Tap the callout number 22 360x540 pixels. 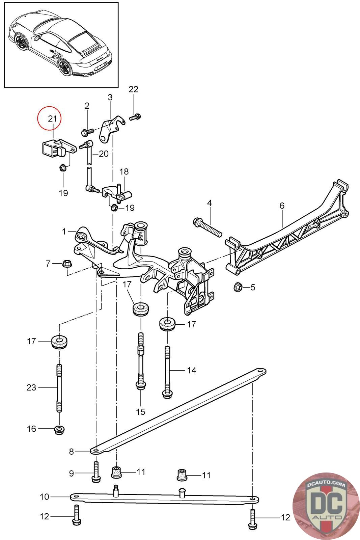click(134, 89)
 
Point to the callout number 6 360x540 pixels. click(282, 205)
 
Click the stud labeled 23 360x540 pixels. click(59, 388)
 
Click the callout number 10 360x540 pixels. click(45, 497)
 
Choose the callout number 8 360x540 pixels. click(72, 451)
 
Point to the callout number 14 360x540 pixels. click(192, 370)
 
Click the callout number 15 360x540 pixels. click(140, 411)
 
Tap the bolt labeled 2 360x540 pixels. click(87, 131)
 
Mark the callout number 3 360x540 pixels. click(110, 97)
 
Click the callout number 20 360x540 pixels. click(104, 154)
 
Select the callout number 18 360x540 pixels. click(124, 171)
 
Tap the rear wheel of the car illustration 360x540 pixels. click(64, 66)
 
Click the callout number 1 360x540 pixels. click(64, 232)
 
